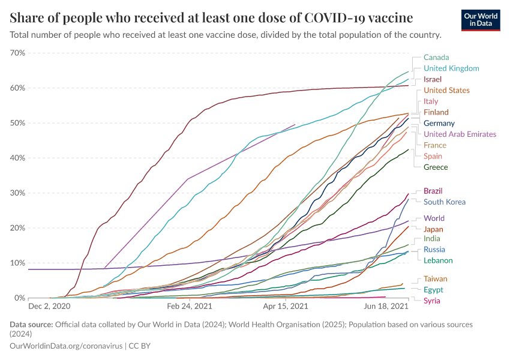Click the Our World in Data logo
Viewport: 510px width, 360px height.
pyautogui.click(x=480, y=19)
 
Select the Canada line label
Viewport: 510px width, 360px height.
pyautogui.click(x=436, y=58)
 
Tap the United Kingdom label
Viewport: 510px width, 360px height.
pyautogui.click(x=451, y=68)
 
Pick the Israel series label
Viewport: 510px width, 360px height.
pyautogui.click(x=432, y=79)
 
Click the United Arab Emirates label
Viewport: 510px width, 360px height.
pyautogui.click(x=460, y=134)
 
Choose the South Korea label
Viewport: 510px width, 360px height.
pyautogui.click(x=444, y=202)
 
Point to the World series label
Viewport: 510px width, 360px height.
pyautogui.click(x=434, y=218)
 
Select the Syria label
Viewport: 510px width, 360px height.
pyautogui.click(x=433, y=301)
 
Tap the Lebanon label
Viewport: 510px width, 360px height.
pyautogui.click(x=438, y=260)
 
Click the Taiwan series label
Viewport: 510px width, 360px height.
pyautogui.click(x=435, y=279)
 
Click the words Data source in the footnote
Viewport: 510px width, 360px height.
pyautogui.click(x=31, y=325)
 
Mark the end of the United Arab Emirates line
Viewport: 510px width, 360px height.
pyautogui.click(x=295, y=125)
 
